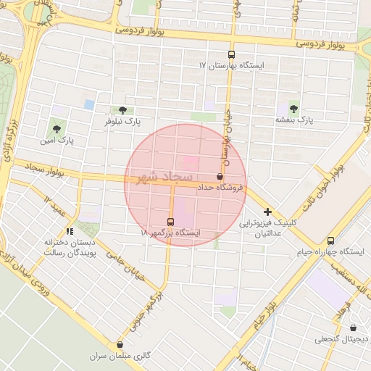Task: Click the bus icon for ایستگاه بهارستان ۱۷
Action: pyautogui.click(x=231, y=54)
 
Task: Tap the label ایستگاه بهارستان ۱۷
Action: pyautogui.click(x=233, y=65)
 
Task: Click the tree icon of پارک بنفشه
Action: pyautogui.click(x=293, y=108)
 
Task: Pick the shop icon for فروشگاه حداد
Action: pyautogui.click(x=220, y=176)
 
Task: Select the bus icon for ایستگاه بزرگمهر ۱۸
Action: pyautogui.click(x=170, y=222)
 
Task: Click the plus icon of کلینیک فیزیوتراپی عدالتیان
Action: pyautogui.click(x=267, y=211)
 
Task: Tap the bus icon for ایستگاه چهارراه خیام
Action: pyautogui.click(x=331, y=241)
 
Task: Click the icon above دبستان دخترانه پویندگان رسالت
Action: pyautogui.click(x=70, y=231)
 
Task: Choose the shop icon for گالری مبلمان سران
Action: pyautogui.click(x=120, y=345)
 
